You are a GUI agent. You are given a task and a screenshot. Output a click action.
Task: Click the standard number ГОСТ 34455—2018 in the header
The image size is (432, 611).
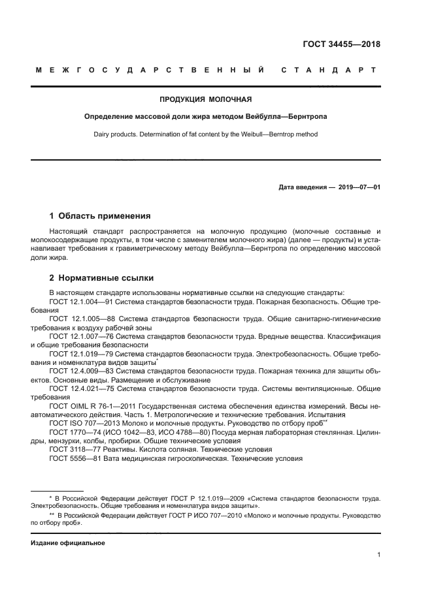tap(342, 44)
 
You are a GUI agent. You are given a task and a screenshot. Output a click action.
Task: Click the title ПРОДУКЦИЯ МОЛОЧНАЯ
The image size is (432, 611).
tap(206, 100)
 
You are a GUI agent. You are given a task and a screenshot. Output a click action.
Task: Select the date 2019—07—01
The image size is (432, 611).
tap(359, 187)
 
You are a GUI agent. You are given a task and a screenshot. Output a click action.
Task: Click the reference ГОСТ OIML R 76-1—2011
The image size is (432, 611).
tap(91, 405)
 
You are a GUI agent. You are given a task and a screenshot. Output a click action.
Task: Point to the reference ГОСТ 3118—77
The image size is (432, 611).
tap(74, 449)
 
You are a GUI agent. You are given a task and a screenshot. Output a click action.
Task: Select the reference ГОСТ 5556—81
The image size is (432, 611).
tap(74, 458)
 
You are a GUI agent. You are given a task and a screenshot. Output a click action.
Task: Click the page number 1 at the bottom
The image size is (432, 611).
tap(378, 555)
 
